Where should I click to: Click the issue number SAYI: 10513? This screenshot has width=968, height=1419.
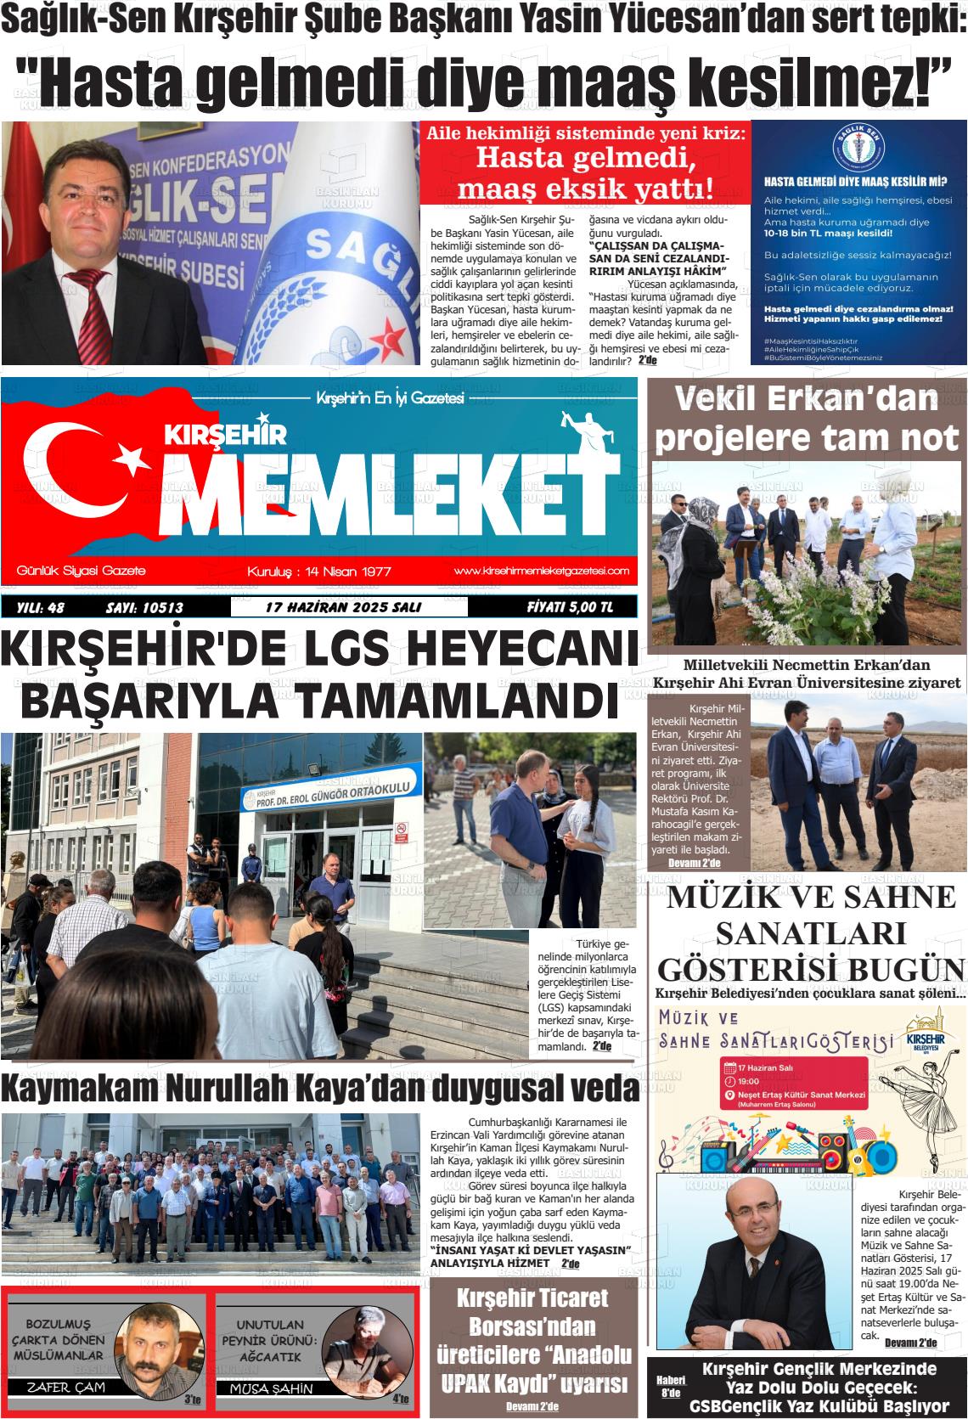144,607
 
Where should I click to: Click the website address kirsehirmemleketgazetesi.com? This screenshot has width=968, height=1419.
541,571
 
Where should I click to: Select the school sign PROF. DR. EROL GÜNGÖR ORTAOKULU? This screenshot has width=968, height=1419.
331,794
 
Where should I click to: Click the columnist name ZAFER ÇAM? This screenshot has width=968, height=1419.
60,1388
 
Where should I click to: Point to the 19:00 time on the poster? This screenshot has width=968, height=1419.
748,1082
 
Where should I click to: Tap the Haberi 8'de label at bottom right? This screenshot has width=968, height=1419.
669,1386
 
